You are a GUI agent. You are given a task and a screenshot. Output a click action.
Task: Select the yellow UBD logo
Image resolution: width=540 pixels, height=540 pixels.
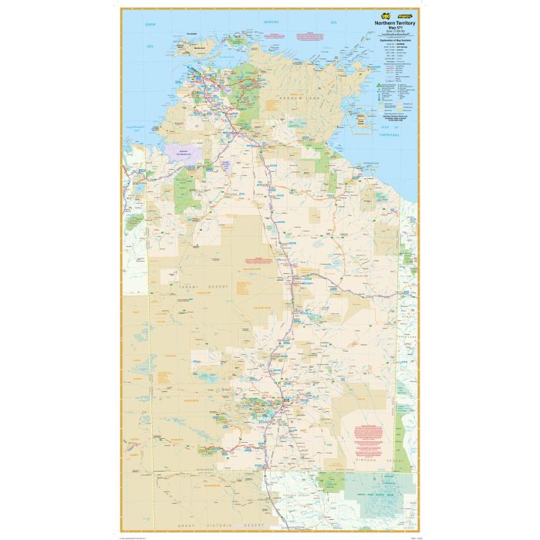coord(380,14)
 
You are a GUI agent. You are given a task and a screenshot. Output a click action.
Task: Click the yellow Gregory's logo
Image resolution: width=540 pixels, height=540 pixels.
coord(403,14)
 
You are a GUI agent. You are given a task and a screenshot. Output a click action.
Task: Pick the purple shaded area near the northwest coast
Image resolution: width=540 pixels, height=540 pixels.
coord(183,151)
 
